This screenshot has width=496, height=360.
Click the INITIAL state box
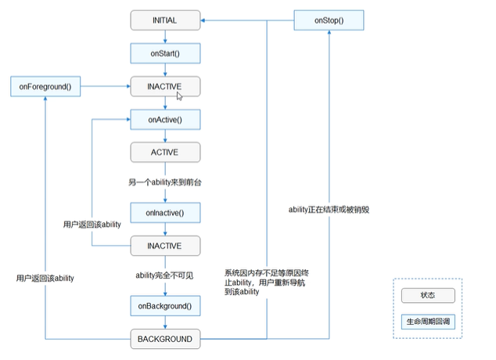click(165, 20)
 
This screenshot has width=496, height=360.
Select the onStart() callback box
click(165, 52)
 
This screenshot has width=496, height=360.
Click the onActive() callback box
click(165, 119)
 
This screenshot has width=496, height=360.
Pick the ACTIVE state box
click(165, 150)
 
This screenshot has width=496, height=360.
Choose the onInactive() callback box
click(165, 212)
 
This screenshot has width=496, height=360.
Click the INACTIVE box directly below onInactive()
click(165, 245)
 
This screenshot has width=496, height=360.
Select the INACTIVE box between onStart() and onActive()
click(165, 85)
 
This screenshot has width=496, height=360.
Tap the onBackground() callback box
click(165, 306)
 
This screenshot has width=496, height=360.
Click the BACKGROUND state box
click(165, 339)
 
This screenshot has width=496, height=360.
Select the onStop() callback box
click(329, 20)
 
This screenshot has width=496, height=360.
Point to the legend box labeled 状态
click(427, 296)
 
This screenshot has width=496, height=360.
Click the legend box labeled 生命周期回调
click(427, 322)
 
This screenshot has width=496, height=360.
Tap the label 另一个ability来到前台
click(166, 182)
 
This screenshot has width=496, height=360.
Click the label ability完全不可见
click(165, 275)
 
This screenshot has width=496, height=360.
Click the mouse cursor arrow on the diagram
click(180, 96)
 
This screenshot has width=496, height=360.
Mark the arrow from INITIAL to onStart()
click(165, 36)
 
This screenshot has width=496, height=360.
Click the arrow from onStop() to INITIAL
click(247, 20)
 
